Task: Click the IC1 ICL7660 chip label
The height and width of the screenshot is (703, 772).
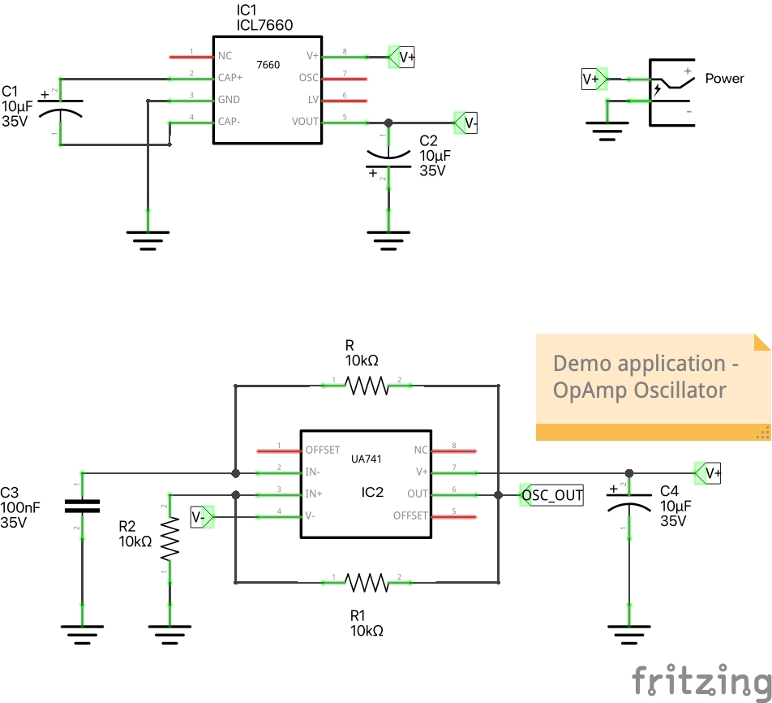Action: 264,19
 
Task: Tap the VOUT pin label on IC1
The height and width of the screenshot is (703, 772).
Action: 306,122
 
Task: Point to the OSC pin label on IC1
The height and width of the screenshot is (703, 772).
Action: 308,78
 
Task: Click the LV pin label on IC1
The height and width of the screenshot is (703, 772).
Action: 313,100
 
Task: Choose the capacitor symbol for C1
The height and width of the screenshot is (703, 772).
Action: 62,110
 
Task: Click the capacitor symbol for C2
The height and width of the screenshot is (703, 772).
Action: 388,159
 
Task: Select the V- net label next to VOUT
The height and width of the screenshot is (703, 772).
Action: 467,123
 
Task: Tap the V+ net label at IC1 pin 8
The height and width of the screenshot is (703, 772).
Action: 402,57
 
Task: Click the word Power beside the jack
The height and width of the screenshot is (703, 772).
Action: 724,79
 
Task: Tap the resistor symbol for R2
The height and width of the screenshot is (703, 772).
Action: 169,539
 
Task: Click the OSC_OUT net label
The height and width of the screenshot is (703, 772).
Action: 551,495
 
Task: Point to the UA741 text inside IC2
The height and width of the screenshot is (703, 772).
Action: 367,459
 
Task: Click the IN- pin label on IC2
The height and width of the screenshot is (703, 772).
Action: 312,472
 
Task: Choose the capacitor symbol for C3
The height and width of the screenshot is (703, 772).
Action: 82,506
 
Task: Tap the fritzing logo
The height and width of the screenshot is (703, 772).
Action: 700,679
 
